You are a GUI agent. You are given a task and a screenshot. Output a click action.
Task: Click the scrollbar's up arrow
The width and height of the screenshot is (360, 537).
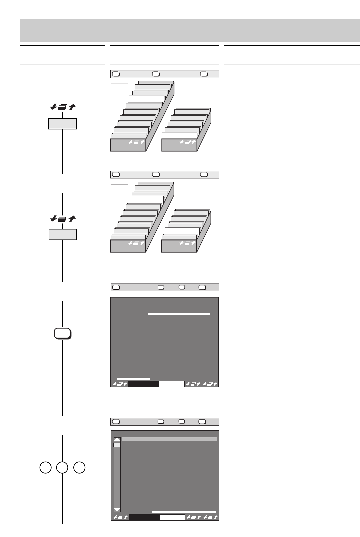(x=117, y=440)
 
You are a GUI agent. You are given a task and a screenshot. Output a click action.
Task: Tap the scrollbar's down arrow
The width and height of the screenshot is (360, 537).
(x=117, y=509)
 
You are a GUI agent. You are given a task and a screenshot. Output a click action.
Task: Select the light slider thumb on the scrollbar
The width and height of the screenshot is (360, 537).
(x=117, y=445)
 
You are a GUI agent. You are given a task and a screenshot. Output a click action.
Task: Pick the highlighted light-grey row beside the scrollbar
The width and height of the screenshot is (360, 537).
(x=169, y=439)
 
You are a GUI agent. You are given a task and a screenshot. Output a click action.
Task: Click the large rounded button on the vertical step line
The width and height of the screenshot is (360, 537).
(x=62, y=334)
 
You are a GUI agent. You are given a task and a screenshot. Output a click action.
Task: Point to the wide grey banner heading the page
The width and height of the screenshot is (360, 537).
(x=190, y=30)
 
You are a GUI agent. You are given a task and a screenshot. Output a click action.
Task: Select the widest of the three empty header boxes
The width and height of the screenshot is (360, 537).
(x=292, y=55)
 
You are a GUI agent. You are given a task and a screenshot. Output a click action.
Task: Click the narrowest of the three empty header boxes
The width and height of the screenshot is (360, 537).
(x=62, y=55)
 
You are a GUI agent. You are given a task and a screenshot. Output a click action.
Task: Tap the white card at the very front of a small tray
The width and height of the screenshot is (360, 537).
(x=179, y=135)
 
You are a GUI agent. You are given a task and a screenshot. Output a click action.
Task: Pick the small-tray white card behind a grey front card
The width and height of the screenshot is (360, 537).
(x=182, y=231)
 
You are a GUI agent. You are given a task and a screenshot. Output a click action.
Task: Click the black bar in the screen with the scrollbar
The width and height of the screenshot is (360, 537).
(x=144, y=517)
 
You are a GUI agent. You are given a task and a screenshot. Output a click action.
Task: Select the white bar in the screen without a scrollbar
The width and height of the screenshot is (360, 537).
(x=171, y=384)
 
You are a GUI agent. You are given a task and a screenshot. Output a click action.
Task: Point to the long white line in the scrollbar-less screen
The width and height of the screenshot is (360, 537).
(x=179, y=314)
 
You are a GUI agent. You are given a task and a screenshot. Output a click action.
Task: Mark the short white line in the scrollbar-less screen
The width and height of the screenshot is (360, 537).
(x=134, y=379)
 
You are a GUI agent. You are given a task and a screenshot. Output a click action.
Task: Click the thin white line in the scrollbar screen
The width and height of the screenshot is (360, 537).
(x=184, y=512)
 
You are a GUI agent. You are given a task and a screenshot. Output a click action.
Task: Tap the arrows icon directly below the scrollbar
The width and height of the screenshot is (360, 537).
(x=120, y=517)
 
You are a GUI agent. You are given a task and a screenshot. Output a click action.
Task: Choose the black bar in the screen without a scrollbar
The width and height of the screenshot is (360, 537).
(x=143, y=384)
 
